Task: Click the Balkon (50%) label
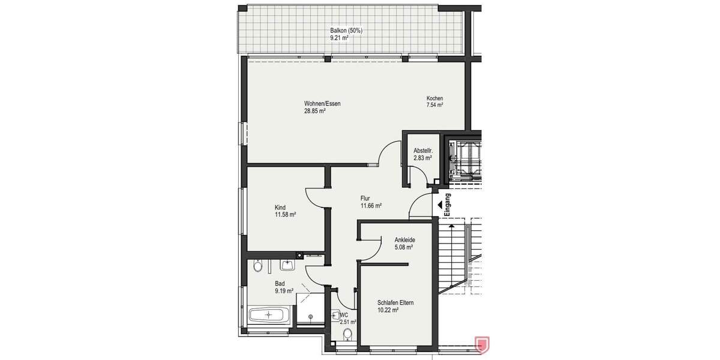(346, 31)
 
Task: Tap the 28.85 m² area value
(314, 111)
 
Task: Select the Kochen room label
(434, 98)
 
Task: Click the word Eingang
(448, 207)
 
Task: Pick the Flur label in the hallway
(365, 198)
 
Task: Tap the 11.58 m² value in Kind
(285, 214)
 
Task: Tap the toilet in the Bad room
(257, 265)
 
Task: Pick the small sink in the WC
(335, 313)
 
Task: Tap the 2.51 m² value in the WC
(348, 322)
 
